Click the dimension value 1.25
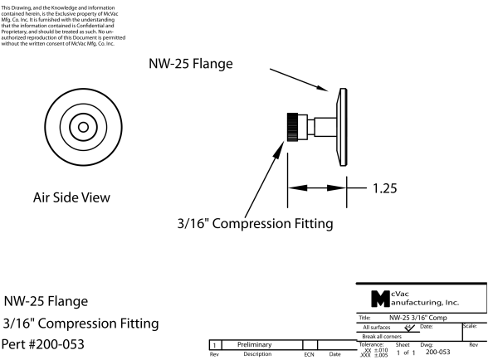[x=383, y=187]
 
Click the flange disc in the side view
[x=342, y=126]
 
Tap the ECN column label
[x=309, y=354]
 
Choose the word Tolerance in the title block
[x=376, y=343]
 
